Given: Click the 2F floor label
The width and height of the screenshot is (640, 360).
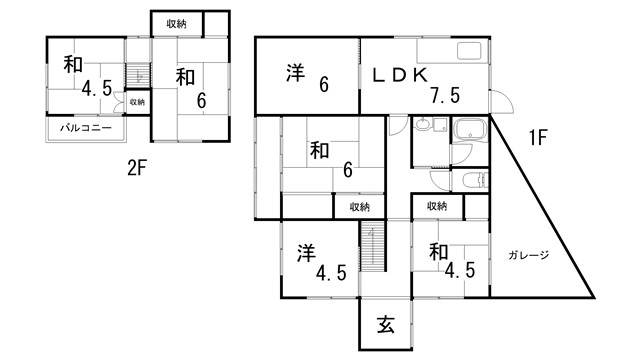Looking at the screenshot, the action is click(x=137, y=168).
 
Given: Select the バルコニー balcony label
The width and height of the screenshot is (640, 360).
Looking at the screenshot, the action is click(x=84, y=128).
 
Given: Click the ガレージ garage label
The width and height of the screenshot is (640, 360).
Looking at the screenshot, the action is click(x=528, y=255).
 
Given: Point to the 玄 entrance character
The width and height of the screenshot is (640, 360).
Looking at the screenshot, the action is click(x=386, y=325).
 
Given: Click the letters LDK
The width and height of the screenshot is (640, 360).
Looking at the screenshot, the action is click(x=401, y=75).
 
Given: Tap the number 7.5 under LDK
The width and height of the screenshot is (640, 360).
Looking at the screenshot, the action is click(x=445, y=96).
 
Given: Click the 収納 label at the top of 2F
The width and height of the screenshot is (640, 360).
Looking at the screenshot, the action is click(x=177, y=21).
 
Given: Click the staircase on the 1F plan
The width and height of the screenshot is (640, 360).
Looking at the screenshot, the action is click(x=372, y=247).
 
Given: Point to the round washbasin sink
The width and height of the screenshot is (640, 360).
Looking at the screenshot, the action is click(x=423, y=126).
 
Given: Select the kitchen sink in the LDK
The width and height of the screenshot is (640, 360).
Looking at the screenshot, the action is click(x=469, y=52).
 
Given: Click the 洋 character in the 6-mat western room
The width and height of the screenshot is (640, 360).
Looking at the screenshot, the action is click(x=294, y=73).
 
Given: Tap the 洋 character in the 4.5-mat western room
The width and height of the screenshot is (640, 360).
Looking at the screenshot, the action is click(x=306, y=253).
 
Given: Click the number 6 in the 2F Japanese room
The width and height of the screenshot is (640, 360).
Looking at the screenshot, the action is click(x=201, y=100).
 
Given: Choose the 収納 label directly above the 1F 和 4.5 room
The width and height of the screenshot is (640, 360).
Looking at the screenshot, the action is click(x=437, y=206).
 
